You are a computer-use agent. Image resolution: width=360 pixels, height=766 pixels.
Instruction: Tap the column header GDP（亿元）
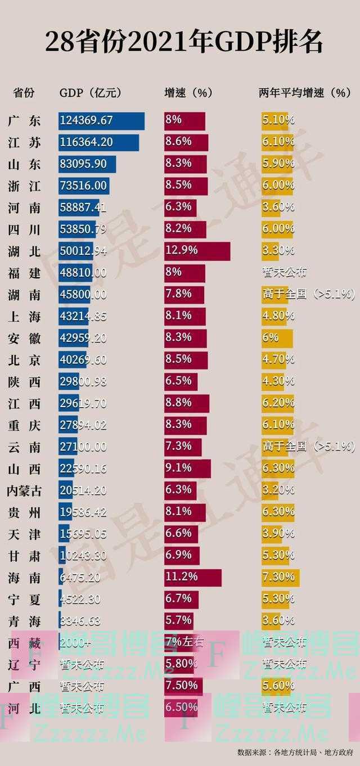click(x=91, y=93)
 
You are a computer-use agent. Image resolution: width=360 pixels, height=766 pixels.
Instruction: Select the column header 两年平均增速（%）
click(x=304, y=93)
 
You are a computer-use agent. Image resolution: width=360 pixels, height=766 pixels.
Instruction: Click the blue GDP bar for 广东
click(x=101, y=120)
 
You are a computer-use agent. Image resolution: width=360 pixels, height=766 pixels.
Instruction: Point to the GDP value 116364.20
click(x=86, y=142)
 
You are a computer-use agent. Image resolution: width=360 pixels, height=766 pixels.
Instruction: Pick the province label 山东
click(x=25, y=164)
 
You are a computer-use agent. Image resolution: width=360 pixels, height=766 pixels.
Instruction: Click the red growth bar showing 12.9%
click(x=197, y=251)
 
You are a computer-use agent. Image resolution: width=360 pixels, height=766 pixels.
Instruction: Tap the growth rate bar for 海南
click(x=192, y=578)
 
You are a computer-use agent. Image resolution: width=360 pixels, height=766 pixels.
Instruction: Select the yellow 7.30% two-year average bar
click(x=280, y=578)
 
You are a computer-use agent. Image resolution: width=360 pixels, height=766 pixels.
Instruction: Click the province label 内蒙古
click(x=25, y=490)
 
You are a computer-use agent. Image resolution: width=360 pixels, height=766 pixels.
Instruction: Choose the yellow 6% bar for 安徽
click(x=277, y=338)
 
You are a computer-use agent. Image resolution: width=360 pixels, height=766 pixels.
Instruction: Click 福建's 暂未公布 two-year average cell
click(x=284, y=273)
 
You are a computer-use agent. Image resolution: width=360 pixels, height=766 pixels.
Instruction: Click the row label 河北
click(x=25, y=708)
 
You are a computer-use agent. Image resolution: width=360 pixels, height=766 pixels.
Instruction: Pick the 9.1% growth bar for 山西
click(x=187, y=468)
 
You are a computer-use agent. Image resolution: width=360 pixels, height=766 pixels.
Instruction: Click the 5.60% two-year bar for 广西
click(x=278, y=686)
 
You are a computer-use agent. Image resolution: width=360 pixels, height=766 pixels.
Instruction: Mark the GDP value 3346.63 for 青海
click(x=81, y=621)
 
